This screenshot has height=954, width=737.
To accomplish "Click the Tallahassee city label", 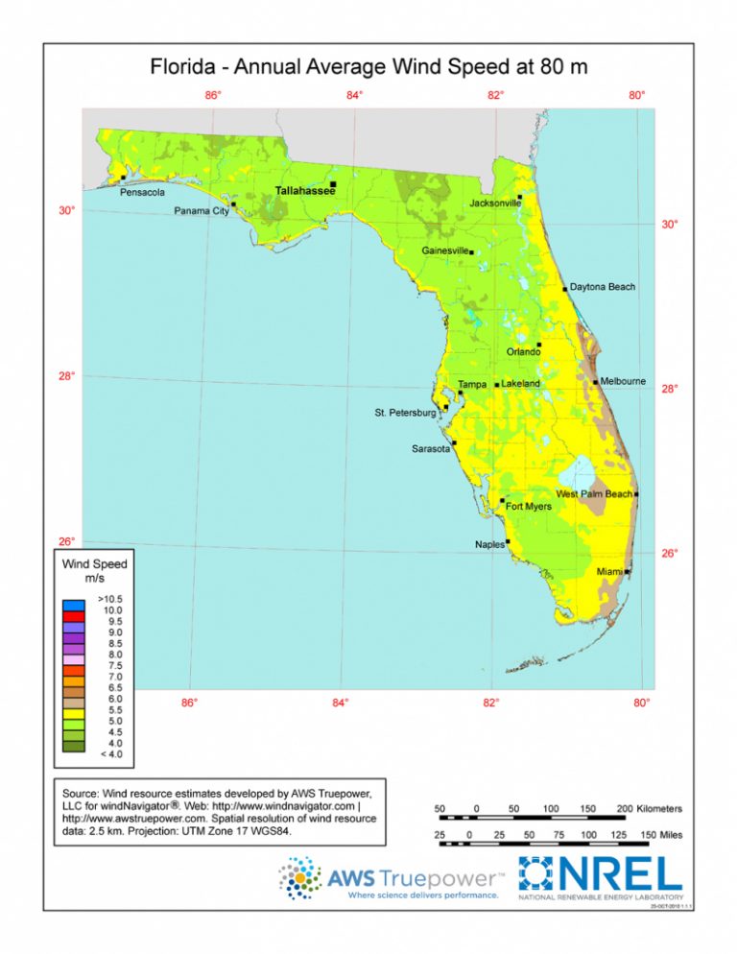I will coord(305,191).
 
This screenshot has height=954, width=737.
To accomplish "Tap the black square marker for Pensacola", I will coord(123,178).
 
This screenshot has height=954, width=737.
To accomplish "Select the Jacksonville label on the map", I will coord(495,203).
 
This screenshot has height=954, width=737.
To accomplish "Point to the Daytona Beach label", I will coord(602,287).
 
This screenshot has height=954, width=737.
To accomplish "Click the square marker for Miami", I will coord(627,572).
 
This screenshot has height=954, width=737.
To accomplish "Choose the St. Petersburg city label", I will coord(405,413).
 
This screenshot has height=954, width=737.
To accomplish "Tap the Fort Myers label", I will coord(528,506).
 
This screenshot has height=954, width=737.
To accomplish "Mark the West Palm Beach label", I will coord(594,493).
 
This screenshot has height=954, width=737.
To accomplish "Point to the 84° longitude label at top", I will coord(354,95).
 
